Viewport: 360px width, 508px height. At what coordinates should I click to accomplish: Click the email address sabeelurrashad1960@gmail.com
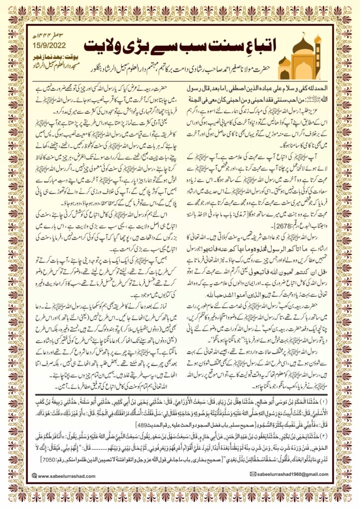[x=290, y=475]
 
